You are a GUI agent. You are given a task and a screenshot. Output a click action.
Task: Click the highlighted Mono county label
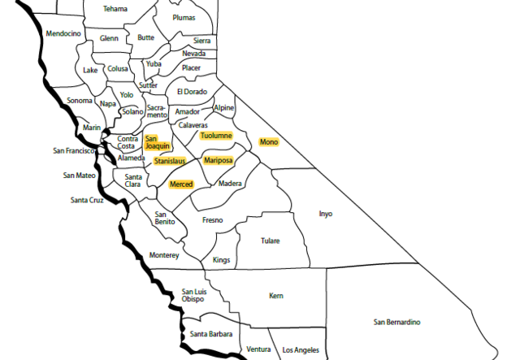(268, 142)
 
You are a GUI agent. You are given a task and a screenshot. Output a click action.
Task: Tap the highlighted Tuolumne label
(216, 136)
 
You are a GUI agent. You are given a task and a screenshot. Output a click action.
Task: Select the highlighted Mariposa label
(218, 161)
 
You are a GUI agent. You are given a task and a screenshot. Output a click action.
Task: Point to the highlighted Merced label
(180, 185)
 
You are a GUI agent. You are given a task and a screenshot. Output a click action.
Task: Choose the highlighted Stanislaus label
(169, 161)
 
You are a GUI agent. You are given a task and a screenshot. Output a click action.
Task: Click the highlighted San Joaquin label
(157, 142)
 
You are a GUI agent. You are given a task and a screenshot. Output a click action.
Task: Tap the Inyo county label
(325, 215)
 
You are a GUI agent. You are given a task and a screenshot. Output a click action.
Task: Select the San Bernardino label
(396, 323)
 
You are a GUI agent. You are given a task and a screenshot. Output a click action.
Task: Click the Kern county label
(275, 296)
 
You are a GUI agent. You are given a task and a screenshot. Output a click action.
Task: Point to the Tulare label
(270, 241)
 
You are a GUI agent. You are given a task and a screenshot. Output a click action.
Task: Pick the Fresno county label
(212, 220)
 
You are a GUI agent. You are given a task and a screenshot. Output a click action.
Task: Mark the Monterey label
(164, 255)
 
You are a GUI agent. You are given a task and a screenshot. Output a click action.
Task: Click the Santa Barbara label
(210, 334)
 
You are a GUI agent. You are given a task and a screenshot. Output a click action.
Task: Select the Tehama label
(115, 9)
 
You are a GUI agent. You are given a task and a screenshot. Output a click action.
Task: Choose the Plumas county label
(184, 17)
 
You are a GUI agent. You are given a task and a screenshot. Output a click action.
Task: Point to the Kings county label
(221, 260)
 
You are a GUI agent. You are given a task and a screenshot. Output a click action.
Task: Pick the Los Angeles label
(301, 350)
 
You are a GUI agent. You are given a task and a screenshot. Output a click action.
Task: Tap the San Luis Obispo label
(193, 295)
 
